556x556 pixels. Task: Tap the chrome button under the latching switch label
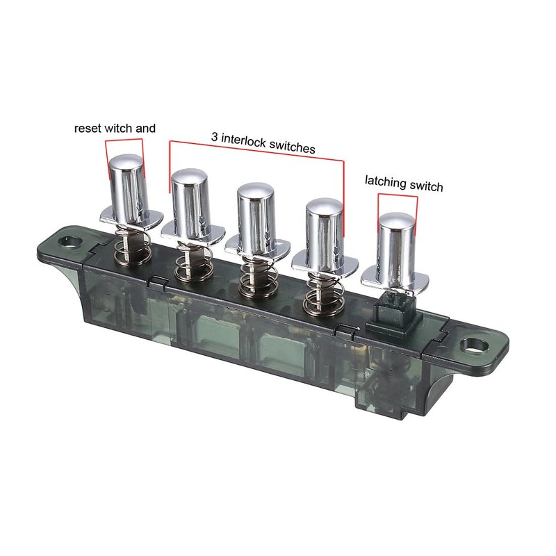pyautogui.click(x=397, y=247)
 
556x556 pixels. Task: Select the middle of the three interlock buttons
pyautogui.click(x=258, y=215)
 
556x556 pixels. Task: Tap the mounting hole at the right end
pyautogui.click(x=475, y=344)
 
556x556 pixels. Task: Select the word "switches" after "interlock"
pyautogui.click(x=291, y=148)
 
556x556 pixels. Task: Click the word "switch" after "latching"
pyautogui.click(x=426, y=186)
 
